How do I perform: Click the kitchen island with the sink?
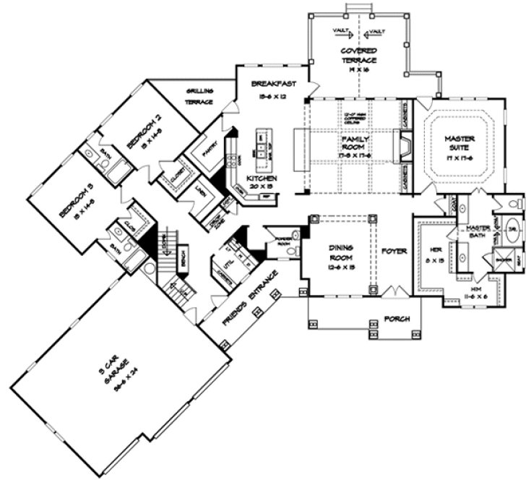point(262,145)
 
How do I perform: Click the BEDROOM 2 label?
point(141,131)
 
